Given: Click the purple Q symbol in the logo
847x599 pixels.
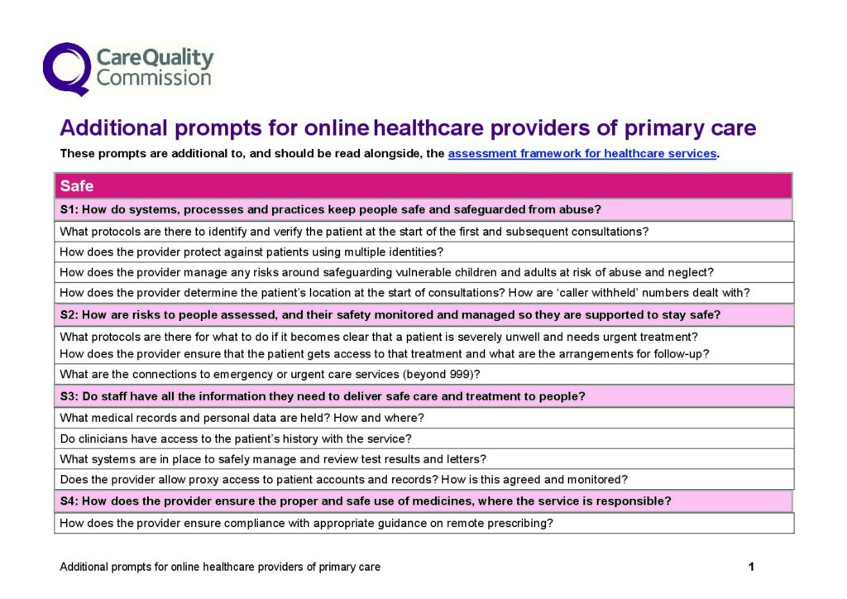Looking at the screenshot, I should (x=66, y=68).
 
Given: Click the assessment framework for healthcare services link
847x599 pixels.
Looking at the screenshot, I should (x=581, y=153).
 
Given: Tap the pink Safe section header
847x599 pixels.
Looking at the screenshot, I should (x=77, y=186).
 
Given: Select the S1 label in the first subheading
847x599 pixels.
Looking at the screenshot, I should (x=69, y=209).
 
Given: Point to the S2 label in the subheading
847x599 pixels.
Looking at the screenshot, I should (x=69, y=315).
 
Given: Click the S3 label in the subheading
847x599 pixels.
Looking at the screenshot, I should (x=69, y=396).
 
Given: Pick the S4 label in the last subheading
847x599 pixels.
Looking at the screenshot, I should (x=69, y=501).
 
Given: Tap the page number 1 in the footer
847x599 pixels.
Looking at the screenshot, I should (x=751, y=567).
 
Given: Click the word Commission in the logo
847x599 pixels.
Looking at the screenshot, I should (x=154, y=79).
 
